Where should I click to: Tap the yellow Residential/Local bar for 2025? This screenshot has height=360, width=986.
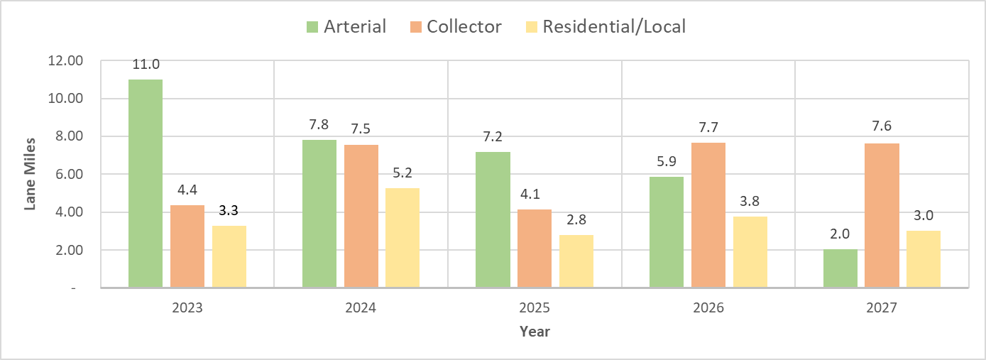tap(576, 261)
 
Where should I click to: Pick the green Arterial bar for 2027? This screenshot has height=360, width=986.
tap(840, 268)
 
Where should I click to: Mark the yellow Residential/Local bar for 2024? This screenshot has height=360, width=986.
tap(402, 238)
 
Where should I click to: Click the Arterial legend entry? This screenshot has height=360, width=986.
tap(346, 27)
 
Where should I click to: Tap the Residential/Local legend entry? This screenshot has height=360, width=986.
tap(604, 27)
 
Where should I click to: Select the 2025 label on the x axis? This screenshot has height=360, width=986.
tap(535, 309)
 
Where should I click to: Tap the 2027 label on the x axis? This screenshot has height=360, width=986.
tap(881, 309)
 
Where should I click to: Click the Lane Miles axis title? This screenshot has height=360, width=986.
tap(31, 175)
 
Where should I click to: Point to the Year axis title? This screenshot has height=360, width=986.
tap(535, 332)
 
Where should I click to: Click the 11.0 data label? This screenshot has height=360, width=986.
tap(145, 65)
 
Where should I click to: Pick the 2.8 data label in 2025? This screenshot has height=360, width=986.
tap(576, 220)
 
